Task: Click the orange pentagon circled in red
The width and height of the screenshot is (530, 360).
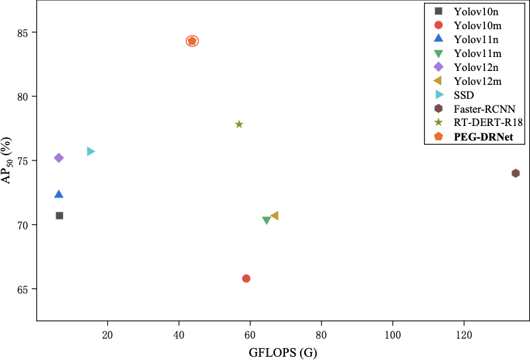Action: pyautogui.click(x=192, y=41)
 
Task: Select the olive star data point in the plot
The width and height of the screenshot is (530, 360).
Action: pyautogui.click(x=239, y=124)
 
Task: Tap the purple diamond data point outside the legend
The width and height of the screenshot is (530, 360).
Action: pyautogui.click(x=59, y=158)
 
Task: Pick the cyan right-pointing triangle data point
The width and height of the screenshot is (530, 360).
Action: pyautogui.click(x=91, y=151)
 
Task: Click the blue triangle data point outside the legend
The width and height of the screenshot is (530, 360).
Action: pyautogui.click(x=59, y=194)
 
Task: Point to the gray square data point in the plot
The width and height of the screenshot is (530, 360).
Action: pyautogui.click(x=60, y=215)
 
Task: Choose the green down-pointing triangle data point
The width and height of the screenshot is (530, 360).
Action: pyautogui.click(x=266, y=220)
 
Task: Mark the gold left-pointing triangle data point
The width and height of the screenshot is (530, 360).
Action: pyautogui.click(x=275, y=215)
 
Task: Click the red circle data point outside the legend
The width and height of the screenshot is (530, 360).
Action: pyautogui.click(x=246, y=278)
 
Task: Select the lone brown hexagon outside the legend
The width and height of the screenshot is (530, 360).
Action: pyautogui.click(x=515, y=173)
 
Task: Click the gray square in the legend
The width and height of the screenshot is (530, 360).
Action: pyautogui.click(x=439, y=11)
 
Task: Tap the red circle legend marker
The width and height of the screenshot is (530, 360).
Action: pyautogui.click(x=439, y=25)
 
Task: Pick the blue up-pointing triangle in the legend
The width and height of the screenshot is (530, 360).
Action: pyautogui.click(x=439, y=38)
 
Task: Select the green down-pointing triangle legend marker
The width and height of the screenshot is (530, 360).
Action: pyautogui.click(x=439, y=54)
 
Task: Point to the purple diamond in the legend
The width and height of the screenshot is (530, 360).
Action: pyautogui.click(x=439, y=67)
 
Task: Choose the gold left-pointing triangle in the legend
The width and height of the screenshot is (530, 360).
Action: pyautogui.click(x=437, y=80)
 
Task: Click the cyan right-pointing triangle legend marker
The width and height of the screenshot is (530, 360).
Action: pyautogui.click(x=439, y=95)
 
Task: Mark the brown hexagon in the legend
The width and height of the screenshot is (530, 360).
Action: pyautogui.click(x=439, y=108)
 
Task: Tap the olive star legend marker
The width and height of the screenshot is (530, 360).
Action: pyautogui.click(x=439, y=122)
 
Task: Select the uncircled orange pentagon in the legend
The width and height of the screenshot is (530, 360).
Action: pyautogui.click(x=439, y=136)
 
